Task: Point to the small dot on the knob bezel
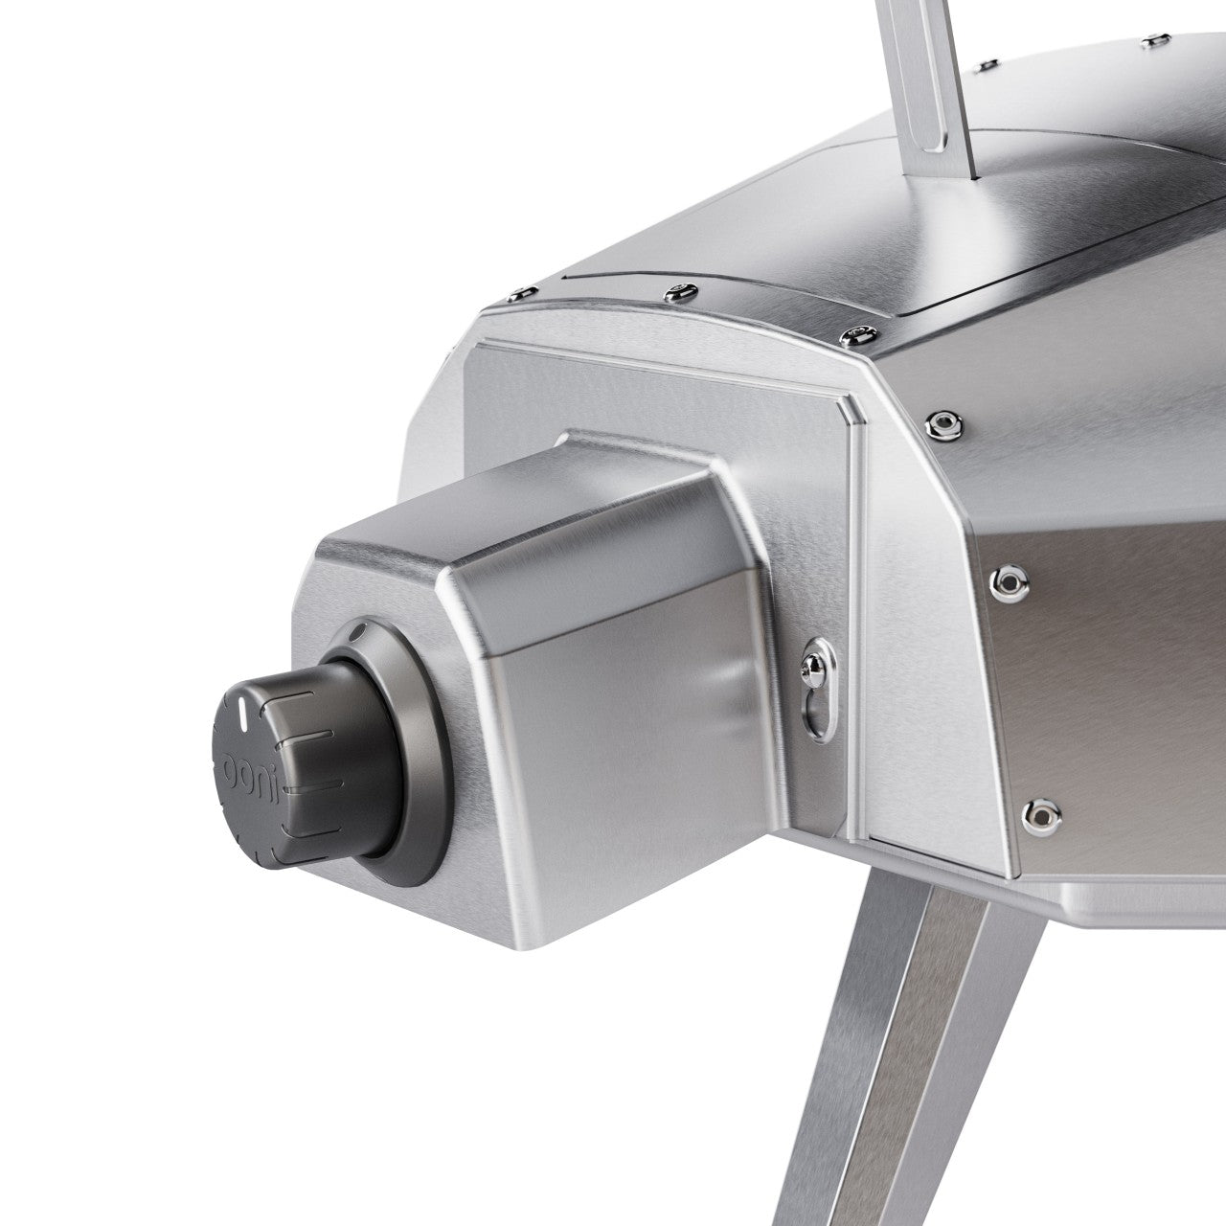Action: point(357,634)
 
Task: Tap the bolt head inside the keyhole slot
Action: point(811,660)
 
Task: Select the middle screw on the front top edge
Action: point(682,287)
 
